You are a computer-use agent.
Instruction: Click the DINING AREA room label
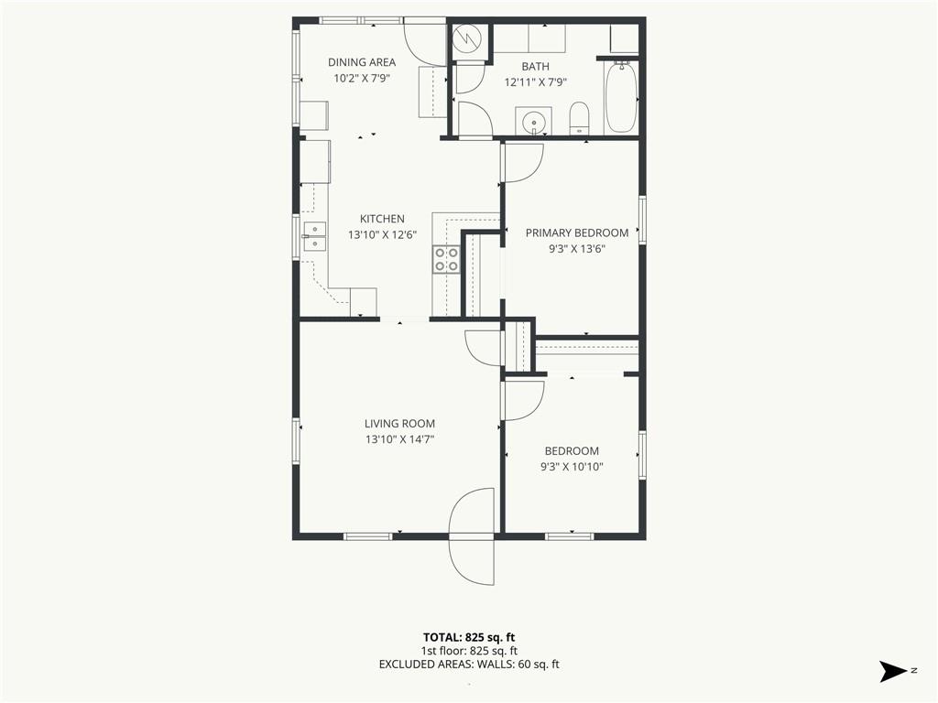(x=361, y=62)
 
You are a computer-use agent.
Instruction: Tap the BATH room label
(x=535, y=66)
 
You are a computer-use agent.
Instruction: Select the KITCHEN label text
(x=382, y=219)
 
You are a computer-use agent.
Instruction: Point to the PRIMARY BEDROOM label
(x=577, y=233)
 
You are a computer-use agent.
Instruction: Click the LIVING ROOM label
(x=399, y=423)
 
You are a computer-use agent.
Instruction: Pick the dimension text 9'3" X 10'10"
(x=572, y=467)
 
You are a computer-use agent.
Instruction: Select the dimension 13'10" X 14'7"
(x=399, y=439)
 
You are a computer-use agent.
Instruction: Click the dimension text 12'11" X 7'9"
(x=535, y=82)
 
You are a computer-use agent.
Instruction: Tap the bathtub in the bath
(x=621, y=97)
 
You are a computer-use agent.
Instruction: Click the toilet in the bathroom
(x=579, y=118)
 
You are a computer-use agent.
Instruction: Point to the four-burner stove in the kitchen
(x=446, y=259)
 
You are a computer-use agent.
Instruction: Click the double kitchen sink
(x=315, y=236)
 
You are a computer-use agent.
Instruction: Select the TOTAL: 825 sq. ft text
(x=469, y=637)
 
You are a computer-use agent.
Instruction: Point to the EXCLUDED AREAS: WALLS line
(x=469, y=665)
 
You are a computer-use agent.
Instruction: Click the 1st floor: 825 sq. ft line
(x=469, y=651)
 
